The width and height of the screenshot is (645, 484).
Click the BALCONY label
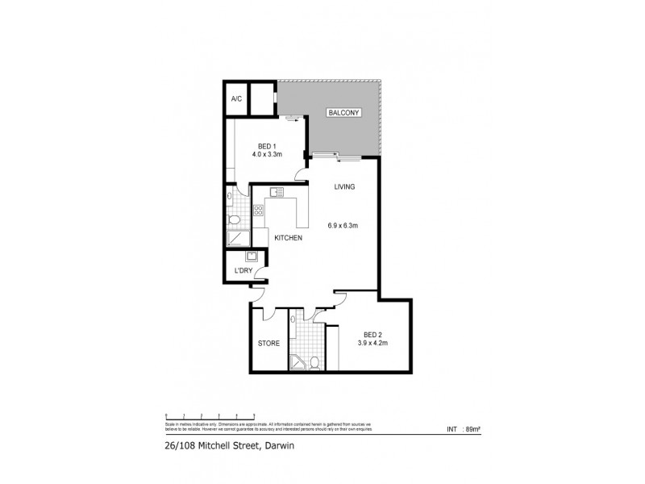coord(343,114)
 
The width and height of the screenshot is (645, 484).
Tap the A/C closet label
coord(236,99)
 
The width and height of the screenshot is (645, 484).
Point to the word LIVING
coord(345,187)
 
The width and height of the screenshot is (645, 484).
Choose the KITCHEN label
coord(288,238)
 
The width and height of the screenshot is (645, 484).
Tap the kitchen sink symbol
coord(277,192)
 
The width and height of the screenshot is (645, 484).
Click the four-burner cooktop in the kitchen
coord(260,211)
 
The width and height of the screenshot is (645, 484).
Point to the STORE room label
coord(268,343)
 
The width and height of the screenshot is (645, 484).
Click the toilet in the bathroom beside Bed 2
coord(315,361)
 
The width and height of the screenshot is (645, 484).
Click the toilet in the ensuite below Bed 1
coord(234,219)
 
